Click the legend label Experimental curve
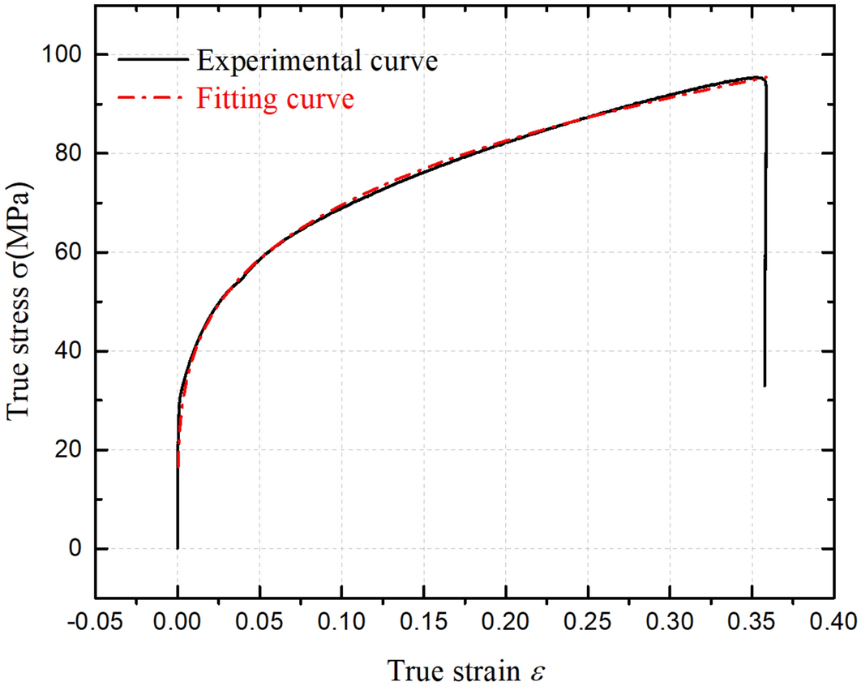(316, 61)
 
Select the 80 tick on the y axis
(72, 153)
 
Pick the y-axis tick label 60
(72, 252)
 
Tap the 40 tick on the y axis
(72, 351)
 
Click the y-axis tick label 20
(72, 450)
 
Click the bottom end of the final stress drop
(765, 386)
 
